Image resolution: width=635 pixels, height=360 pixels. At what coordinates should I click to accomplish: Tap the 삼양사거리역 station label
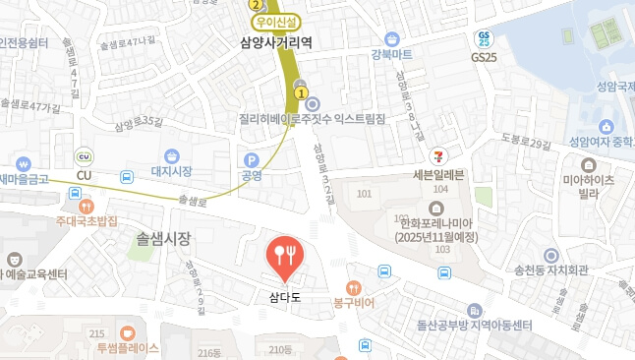pos(275,42)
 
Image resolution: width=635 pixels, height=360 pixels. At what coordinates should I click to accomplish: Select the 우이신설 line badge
pos(276,21)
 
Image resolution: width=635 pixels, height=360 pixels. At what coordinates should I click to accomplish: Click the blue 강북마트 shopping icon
pos(392,38)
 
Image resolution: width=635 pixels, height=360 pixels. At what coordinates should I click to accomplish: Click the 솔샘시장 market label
pos(163,238)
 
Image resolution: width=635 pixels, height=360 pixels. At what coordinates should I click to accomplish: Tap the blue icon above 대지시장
pos(172,156)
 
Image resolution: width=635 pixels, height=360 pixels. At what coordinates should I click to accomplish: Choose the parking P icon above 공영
pos(251,159)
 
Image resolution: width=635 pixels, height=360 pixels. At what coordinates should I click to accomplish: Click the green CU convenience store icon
pos(84,157)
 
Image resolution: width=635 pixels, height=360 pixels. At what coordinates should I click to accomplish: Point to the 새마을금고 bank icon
pos(23,163)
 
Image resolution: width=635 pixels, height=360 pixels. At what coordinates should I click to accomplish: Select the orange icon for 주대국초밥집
pos(87,207)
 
